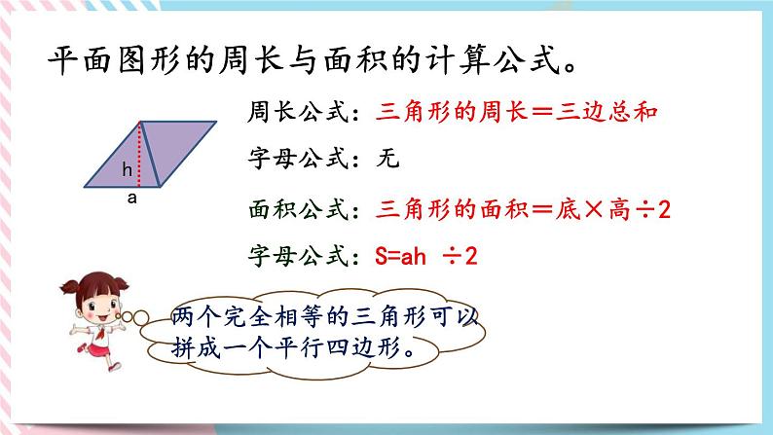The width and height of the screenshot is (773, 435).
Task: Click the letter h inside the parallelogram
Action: pos(127,170)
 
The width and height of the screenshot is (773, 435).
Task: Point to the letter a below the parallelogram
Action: pos(129,198)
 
